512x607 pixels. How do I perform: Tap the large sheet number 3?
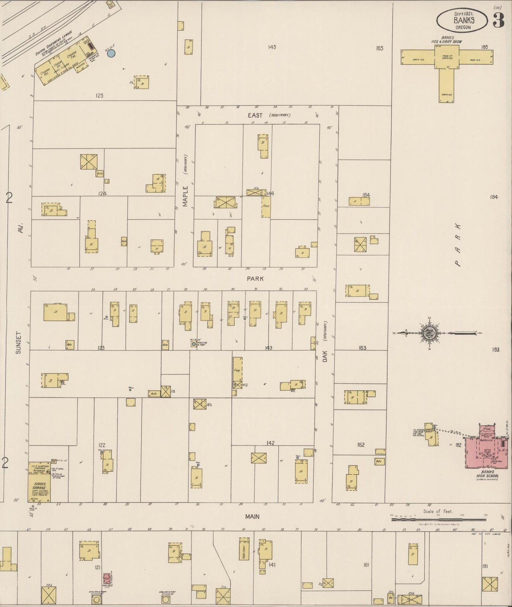click(x=498, y=21)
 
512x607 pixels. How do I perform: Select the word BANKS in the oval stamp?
click(x=464, y=20)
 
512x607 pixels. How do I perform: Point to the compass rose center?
click(x=430, y=333)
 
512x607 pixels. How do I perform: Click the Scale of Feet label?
click(x=438, y=511)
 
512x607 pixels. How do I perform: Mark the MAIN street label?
click(x=252, y=517)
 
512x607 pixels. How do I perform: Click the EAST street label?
click(x=255, y=115)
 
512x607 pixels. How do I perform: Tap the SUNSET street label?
click(x=18, y=342)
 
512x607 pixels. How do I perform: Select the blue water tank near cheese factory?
click(x=111, y=53)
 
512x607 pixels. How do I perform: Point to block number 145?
click(x=272, y=47)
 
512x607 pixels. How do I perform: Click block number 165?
click(x=379, y=48)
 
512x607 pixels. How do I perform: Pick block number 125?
click(x=99, y=95)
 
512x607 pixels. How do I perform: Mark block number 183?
click(x=495, y=350)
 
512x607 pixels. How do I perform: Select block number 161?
click(x=366, y=565)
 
